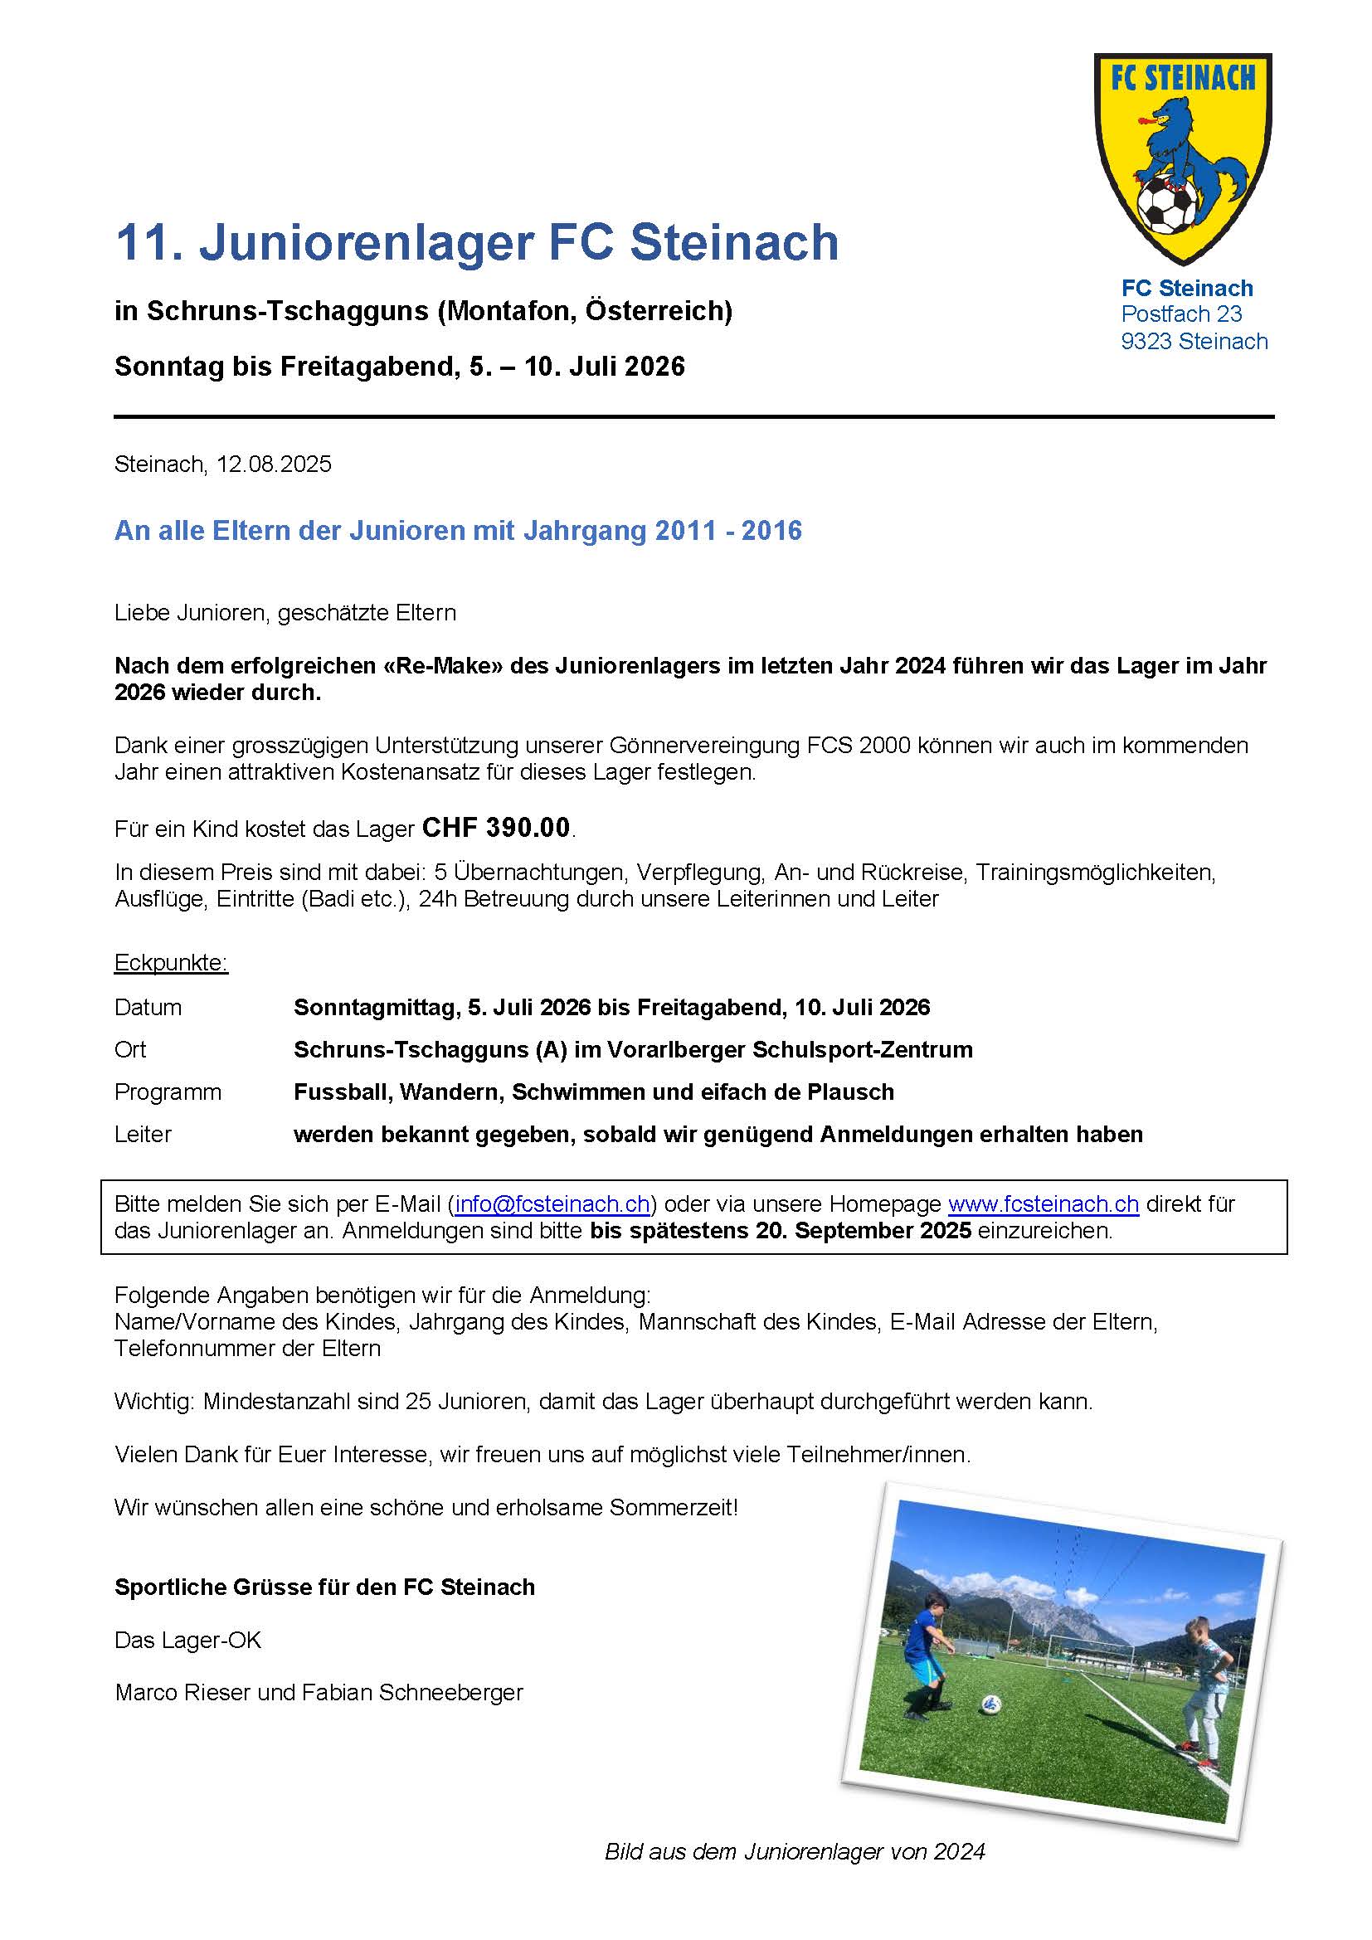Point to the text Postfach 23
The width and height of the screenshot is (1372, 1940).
click(1181, 314)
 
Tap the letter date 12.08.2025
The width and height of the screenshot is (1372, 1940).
click(274, 464)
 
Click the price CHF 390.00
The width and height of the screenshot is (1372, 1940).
click(496, 827)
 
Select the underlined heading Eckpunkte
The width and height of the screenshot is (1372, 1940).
click(171, 963)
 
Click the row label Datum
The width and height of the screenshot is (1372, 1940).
click(148, 1007)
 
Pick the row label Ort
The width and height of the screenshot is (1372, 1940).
click(130, 1049)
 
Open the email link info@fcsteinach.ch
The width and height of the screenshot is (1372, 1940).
click(552, 1203)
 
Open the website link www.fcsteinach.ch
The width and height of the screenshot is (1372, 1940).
click(1044, 1203)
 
